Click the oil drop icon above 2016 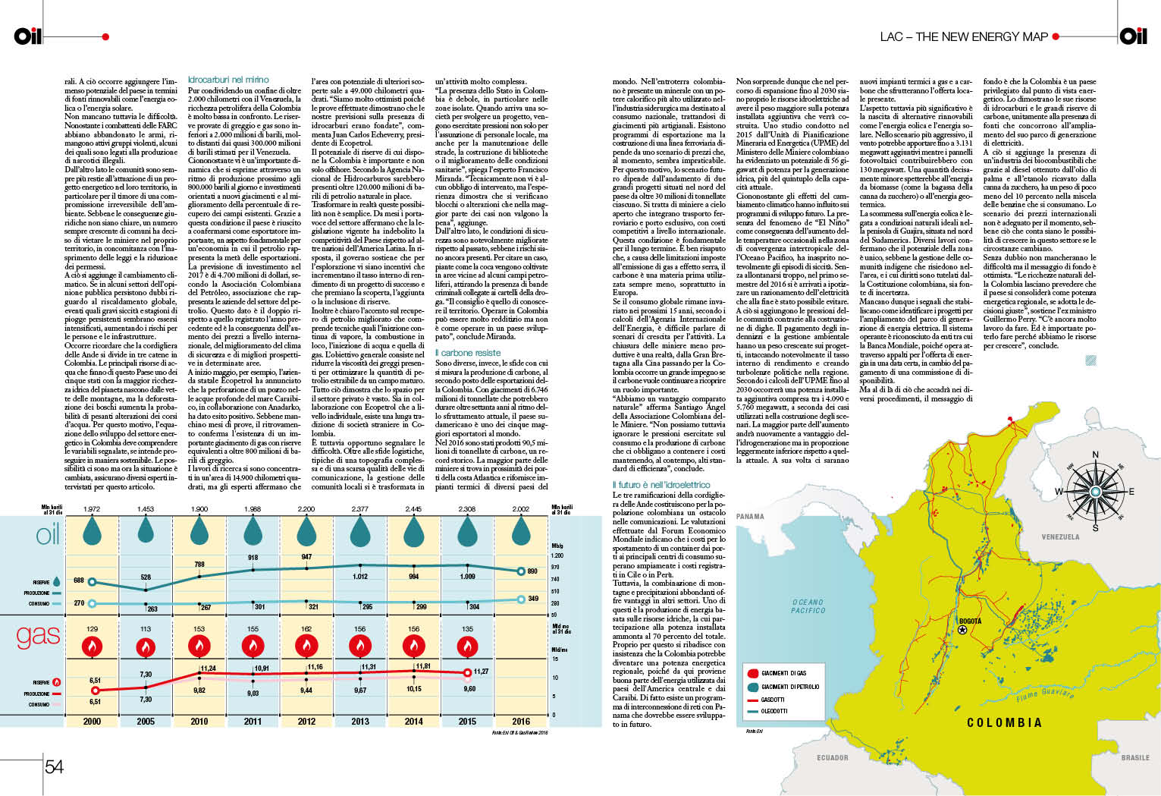(x=521, y=531)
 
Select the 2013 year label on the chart (x=360, y=722)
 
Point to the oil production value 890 (x=532, y=571)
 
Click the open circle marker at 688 (x=92, y=582)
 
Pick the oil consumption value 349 (x=533, y=599)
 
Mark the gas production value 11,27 (x=481, y=672)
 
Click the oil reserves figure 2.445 (x=413, y=509)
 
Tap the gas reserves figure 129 (x=92, y=629)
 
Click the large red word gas (x=38, y=636)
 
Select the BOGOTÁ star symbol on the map (x=962, y=630)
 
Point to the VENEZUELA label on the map (x=1060, y=537)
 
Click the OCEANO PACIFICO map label (x=808, y=606)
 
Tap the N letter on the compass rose (x=1095, y=455)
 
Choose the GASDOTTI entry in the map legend (x=773, y=700)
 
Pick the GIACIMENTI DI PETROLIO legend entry (x=789, y=687)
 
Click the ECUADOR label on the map (x=832, y=757)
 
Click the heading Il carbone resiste (x=468, y=353)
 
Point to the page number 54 (x=54, y=766)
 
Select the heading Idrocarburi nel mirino (x=228, y=80)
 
